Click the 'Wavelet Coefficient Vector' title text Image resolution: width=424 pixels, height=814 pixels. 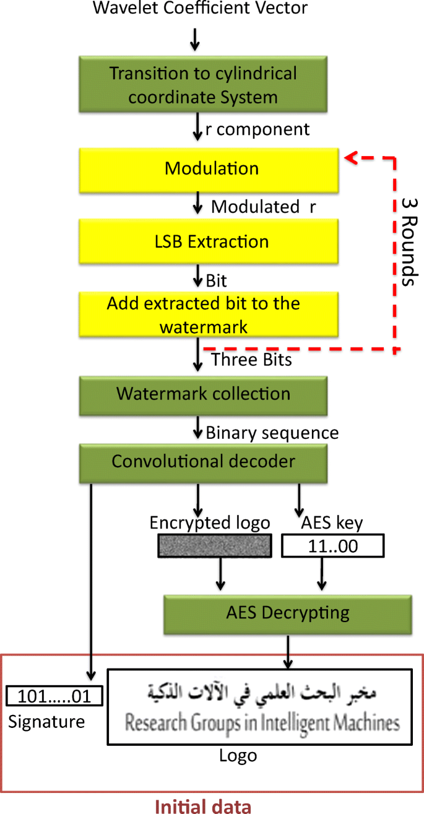(200, 9)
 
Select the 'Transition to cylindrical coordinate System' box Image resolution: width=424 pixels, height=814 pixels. (203, 85)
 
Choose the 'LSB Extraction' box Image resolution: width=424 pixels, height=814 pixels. (211, 241)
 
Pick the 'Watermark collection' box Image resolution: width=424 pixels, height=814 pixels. (203, 394)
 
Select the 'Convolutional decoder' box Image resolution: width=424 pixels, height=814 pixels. (203, 462)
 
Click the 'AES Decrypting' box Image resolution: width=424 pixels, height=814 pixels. (287, 613)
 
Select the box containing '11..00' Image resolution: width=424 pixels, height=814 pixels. (332, 547)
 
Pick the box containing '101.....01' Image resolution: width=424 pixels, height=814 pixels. (54, 696)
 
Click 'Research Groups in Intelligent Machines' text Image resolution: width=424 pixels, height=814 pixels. (262, 722)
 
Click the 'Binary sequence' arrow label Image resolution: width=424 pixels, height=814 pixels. (272, 433)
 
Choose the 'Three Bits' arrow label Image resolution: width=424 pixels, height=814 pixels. (251, 360)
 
